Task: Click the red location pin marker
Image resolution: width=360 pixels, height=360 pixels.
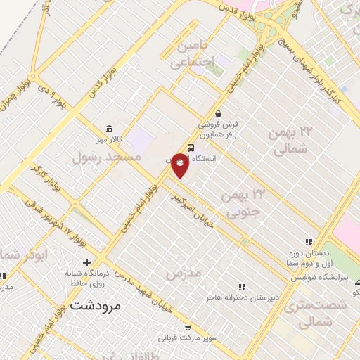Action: click(180, 165)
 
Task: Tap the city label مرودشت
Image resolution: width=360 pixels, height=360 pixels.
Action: click(96, 305)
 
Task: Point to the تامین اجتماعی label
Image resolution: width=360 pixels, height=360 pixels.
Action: click(184, 53)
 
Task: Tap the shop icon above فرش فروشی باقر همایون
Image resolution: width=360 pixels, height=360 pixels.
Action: click(218, 112)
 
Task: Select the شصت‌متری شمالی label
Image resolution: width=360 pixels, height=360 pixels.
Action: click(323, 314)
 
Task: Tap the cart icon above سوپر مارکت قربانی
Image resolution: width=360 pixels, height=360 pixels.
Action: click(188, 327)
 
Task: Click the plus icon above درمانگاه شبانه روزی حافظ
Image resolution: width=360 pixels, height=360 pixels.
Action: click(86, 262)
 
